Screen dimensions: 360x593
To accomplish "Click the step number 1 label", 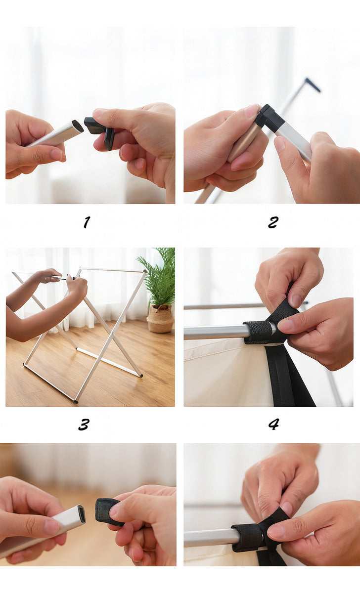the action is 87,222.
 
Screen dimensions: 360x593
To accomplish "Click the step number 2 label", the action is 273,222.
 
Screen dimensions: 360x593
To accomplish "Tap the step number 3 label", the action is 84,424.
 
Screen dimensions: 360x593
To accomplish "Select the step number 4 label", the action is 273,424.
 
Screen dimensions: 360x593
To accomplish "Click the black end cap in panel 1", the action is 99,131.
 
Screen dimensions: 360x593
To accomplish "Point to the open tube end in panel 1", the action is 77,126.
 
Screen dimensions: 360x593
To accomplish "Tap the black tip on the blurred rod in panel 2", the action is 313,85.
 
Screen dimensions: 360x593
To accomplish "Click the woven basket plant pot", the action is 160,318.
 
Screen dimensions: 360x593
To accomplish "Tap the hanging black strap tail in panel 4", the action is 288,376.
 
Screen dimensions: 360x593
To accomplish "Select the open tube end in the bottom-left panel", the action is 81,514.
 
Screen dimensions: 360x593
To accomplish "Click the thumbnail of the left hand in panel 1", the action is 56,154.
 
